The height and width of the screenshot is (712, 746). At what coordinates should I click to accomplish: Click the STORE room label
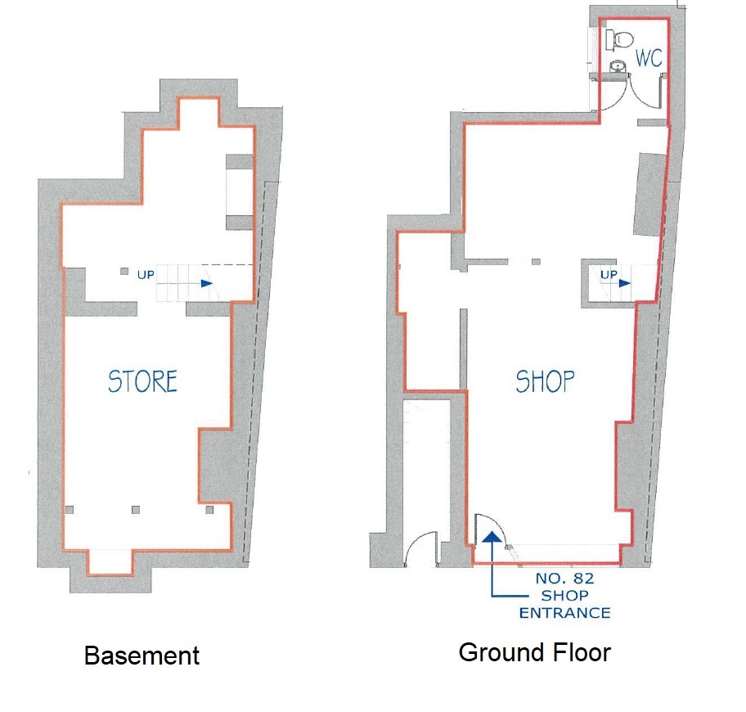(142, 381)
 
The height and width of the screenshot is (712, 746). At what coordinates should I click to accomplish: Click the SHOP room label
(546, 381)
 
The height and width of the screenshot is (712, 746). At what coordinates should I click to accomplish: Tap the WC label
(649, 58)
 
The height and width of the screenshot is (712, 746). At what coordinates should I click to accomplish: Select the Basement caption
(142, 656)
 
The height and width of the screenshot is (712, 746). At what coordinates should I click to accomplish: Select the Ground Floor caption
(535, 652)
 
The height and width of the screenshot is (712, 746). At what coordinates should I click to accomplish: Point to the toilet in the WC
(619, 38)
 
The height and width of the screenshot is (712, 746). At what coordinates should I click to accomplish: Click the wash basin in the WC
(618, 66)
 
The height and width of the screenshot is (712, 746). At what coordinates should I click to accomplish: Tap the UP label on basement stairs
(146, 275)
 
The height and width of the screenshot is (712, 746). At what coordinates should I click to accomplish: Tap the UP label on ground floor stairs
(609, 275)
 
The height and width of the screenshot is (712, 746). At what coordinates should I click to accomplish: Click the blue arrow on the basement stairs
(185, 284)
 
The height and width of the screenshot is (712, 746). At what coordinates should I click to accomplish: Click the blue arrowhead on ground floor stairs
(625, 284)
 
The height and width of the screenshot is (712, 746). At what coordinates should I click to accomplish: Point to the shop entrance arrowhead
(492, 538)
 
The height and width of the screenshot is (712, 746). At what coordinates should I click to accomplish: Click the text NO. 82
(564, 579)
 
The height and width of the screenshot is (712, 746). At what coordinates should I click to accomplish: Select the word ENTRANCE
(564, 613)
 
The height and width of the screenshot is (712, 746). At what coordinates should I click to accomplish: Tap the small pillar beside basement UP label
(124, 271)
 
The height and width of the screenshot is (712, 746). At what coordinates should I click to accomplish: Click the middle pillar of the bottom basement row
(136, 510)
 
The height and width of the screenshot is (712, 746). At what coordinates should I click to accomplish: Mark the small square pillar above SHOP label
(537, 262)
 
